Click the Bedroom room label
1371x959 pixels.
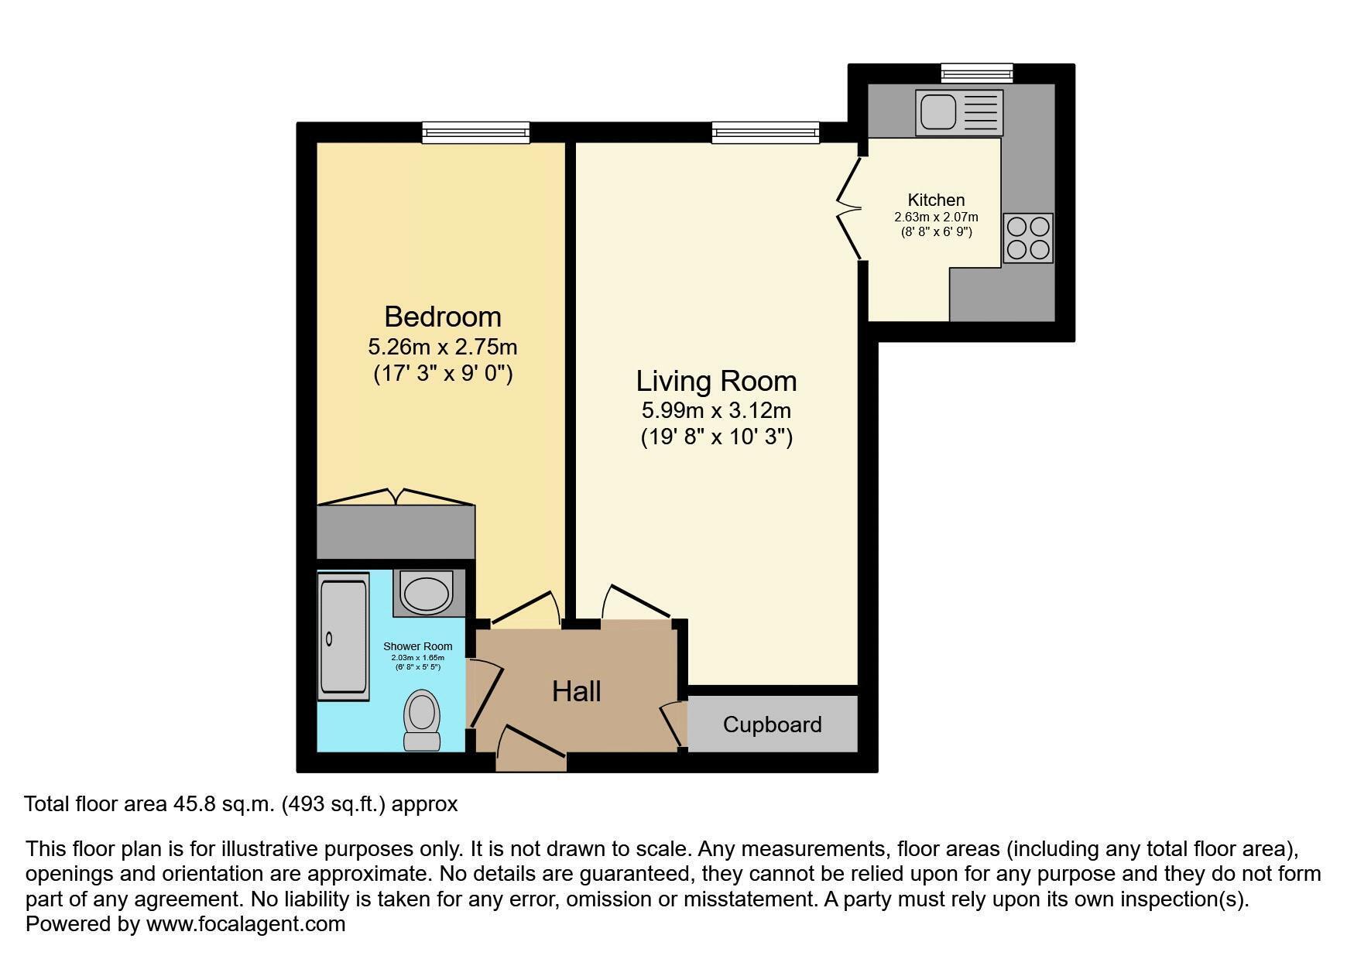tap(443, 317)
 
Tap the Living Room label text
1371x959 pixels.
tap(716, 381)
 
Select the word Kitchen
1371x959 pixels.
tap(936, 200)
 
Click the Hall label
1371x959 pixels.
tap(577, 691)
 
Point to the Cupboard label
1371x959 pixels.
tap(772, 724)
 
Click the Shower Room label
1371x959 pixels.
tap(418, 646)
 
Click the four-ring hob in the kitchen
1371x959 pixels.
tap(1028, 238)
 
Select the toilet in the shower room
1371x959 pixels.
tap(422, 720)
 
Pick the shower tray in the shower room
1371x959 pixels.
tap(343, 637)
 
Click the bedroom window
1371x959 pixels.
tap(476, 132)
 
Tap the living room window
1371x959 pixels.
tap(766, 132)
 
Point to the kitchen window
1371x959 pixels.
tap(977, 74)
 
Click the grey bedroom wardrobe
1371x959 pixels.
tap(396, 532)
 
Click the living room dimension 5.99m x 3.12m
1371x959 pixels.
tap(716, 410)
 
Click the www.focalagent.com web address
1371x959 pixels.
tap(245, 924)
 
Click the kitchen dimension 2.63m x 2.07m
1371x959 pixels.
tap(936, 217)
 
